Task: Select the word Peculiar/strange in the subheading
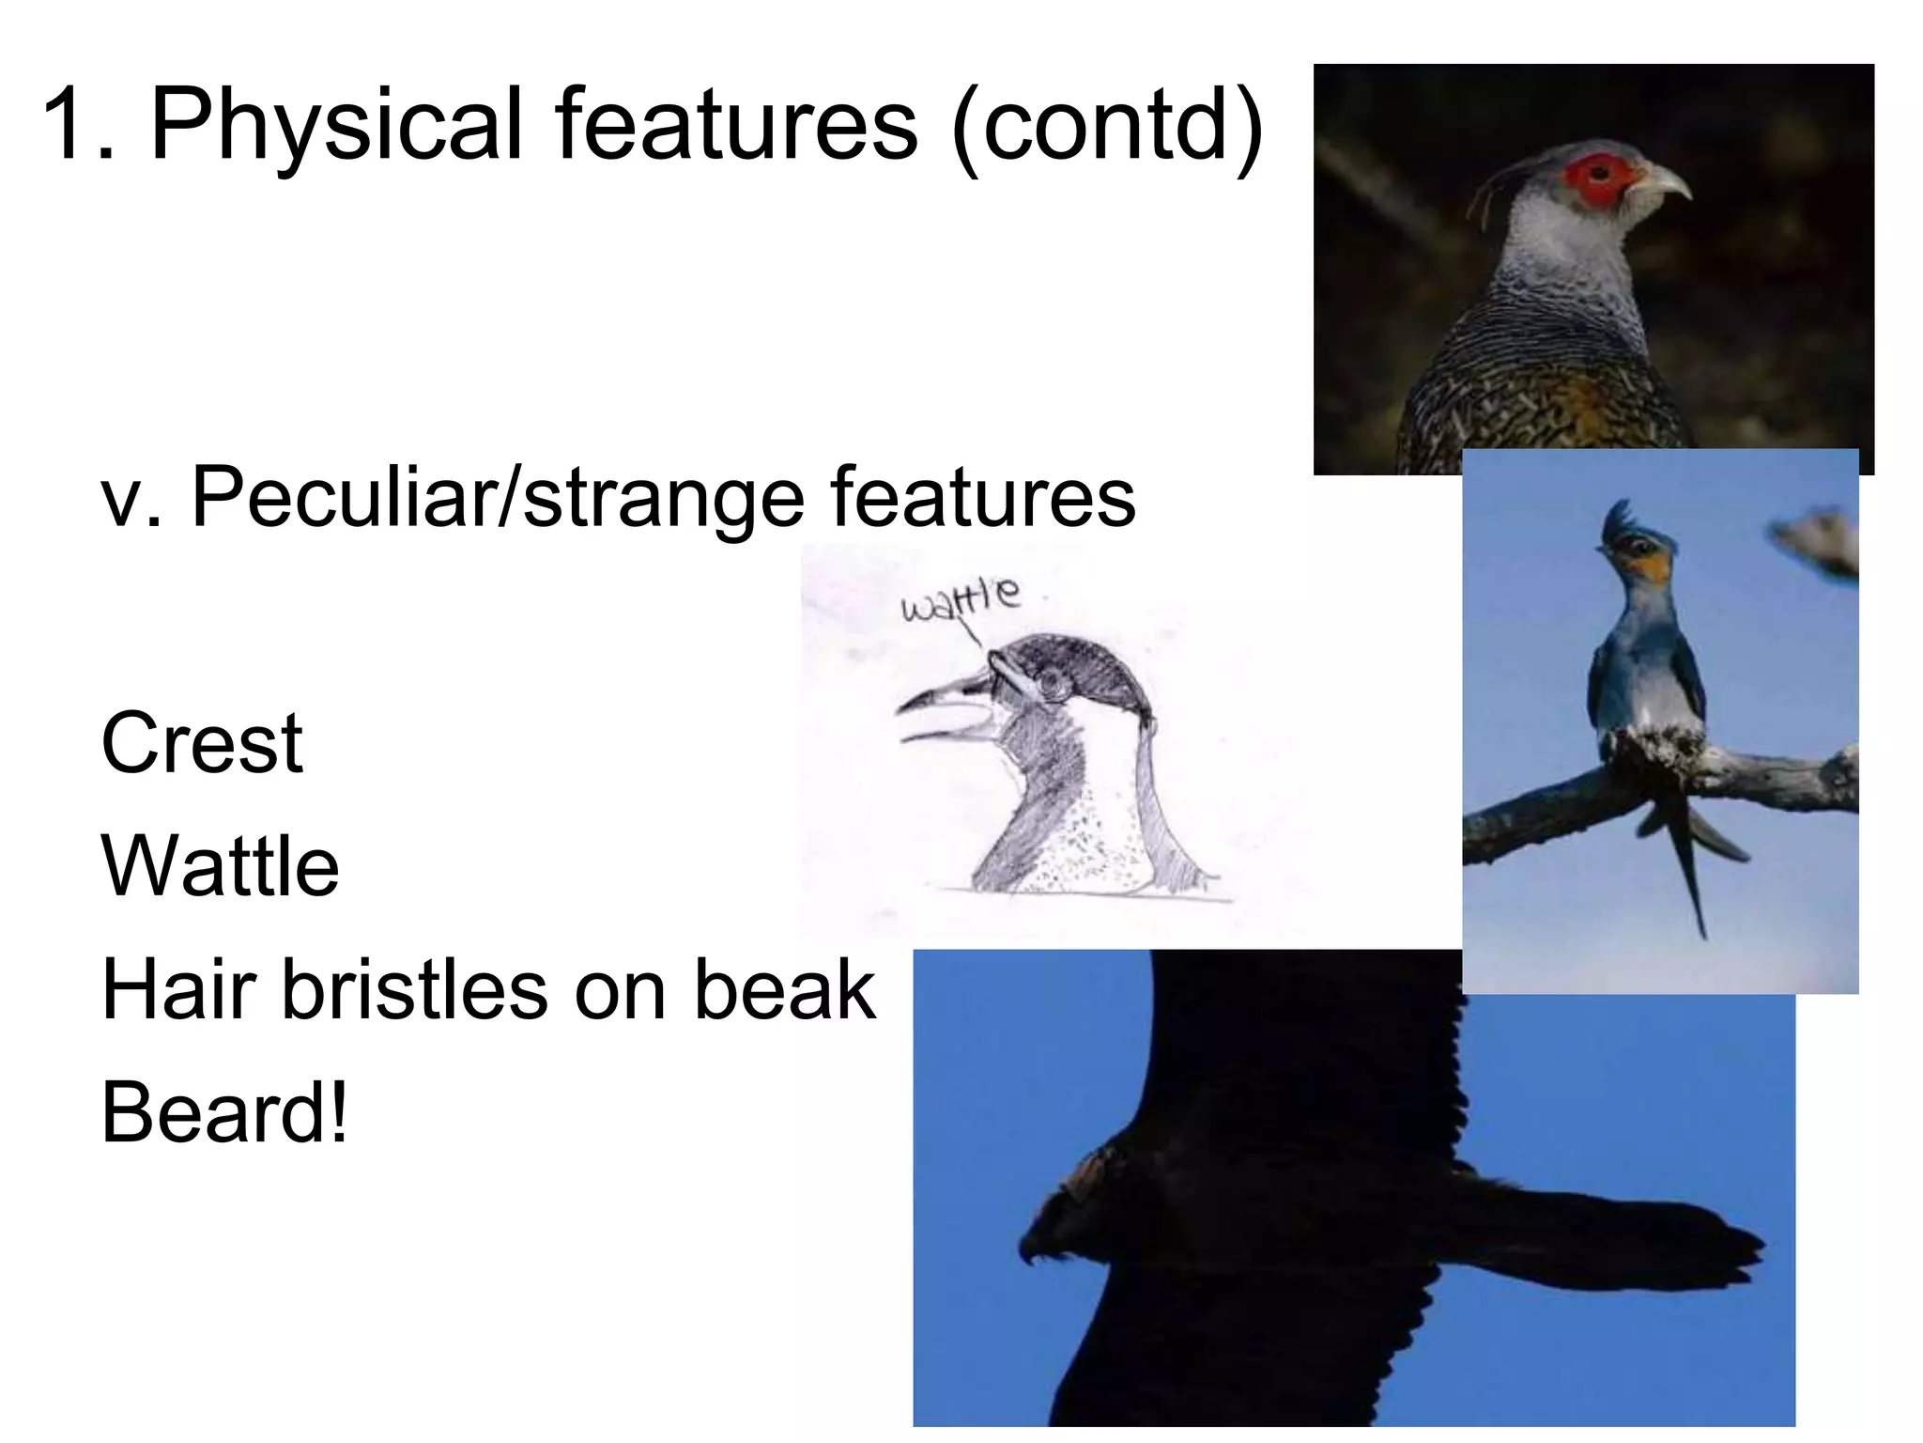497,498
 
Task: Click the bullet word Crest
201,744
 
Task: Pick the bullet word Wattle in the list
220,867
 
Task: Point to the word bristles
414,990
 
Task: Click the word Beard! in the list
223,1113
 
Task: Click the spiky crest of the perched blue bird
1619,520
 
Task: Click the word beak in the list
783,990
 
